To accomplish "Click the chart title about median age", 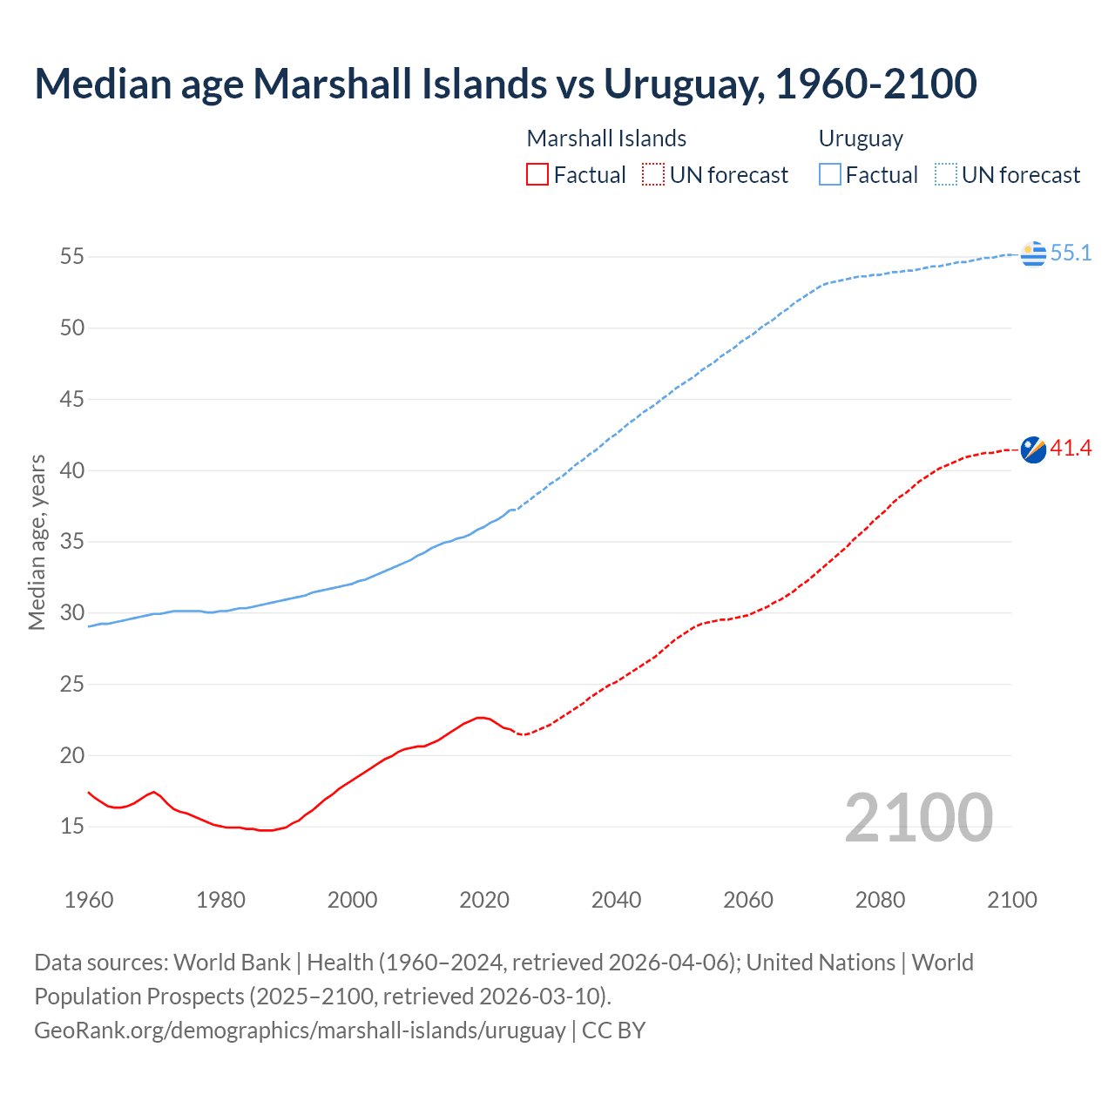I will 505,84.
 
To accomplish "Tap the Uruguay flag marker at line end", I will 1033,253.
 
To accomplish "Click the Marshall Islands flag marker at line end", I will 1033,449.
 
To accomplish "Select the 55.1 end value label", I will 1071,253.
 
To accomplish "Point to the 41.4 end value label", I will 1071,449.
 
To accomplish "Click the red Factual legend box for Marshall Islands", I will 537,175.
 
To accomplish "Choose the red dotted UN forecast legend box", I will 653,175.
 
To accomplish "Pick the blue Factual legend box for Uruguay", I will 830,175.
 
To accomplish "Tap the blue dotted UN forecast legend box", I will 946,175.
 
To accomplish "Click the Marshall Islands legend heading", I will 606,139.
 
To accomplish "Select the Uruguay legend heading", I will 861,139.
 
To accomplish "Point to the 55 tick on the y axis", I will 71,257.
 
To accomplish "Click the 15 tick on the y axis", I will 71,826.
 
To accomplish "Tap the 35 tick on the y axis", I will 71,542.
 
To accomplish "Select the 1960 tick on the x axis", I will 89,900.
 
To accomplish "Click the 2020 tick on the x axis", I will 484,900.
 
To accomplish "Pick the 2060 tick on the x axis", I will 748,900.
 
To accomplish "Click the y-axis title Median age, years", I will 37,542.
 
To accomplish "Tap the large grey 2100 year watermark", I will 918,817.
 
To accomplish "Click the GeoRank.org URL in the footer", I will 300,1031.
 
